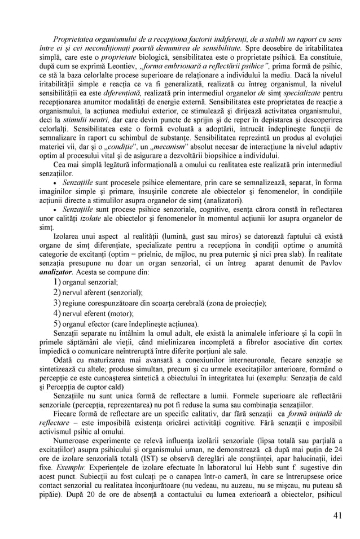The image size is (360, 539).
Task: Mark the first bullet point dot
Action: coord(54,184)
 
